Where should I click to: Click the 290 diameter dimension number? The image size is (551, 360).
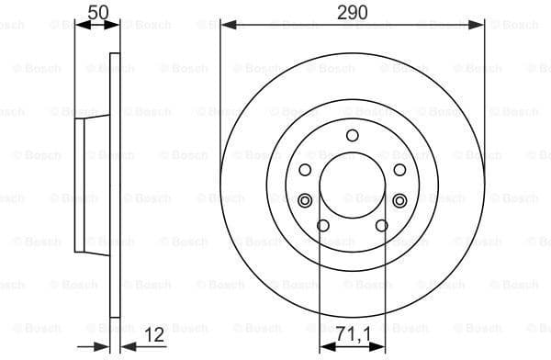(352, 12)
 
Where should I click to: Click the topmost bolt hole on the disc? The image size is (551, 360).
(353, 136)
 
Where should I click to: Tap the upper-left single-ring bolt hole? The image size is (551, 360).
(306, 170)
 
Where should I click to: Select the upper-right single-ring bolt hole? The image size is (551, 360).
(399, 170)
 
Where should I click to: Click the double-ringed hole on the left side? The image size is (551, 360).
(306, 200)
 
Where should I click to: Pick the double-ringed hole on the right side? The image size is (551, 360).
(399, 200)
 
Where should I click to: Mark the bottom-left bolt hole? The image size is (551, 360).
(323, 226)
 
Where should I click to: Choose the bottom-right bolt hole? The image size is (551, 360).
(382, 226)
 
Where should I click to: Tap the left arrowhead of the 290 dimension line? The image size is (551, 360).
(227, 26)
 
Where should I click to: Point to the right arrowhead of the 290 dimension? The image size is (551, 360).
(478, 26)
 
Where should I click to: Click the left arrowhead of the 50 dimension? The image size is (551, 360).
(79, 26)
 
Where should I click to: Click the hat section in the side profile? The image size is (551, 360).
(92, 184)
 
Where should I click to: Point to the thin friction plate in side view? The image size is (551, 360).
(115, 184)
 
